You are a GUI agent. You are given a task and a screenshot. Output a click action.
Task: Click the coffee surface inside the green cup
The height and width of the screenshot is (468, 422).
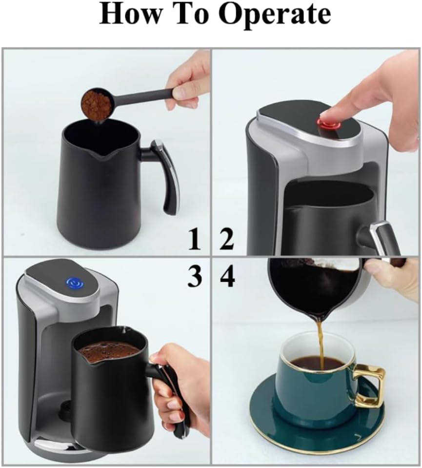[312, 364]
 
